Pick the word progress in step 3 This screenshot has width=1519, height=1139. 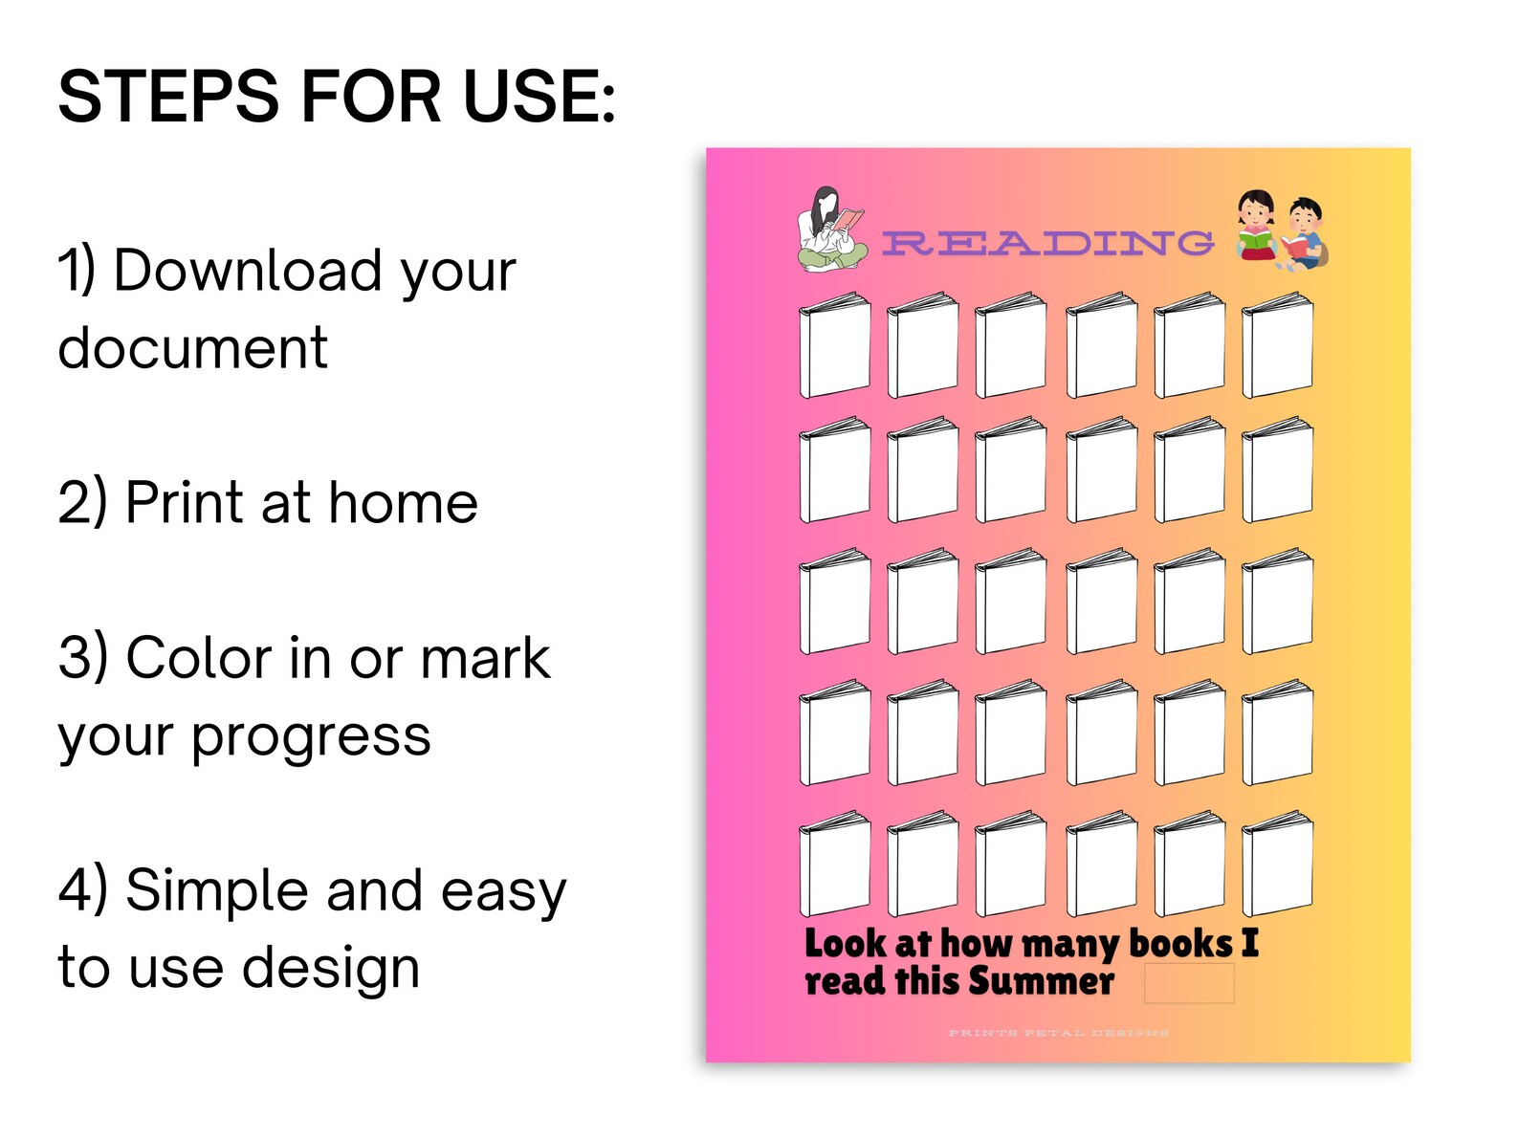pos(311,736)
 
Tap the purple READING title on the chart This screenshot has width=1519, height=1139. pos(1047,243)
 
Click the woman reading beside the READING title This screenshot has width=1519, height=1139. pos(830,230)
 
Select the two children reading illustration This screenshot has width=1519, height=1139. pos(1280,231)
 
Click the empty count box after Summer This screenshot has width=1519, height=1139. pos(1188,983)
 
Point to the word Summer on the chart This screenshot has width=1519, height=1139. pos(1041,982)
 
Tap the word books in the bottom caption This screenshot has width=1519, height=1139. pos(1180,944)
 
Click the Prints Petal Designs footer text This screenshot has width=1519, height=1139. pos(1058,1033)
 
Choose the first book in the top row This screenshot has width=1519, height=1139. pos(834,346)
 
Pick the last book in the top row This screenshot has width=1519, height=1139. pos(1277,346)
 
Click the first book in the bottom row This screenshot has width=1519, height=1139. pos(834,865)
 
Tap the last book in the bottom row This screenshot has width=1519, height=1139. pos(1277,865)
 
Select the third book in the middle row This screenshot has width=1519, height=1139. pos(1010,602)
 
